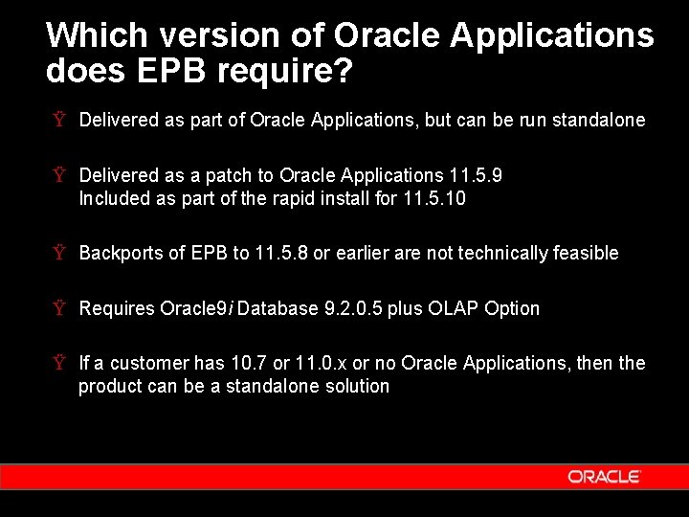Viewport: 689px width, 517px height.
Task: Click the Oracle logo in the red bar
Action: [x=603, y=476]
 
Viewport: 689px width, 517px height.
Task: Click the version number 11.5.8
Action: [x=281, y=253]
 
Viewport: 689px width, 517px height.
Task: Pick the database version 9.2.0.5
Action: [x=345, y=308]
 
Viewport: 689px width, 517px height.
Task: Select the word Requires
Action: [x=117, y=308]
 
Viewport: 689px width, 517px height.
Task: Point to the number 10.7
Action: [x=246, y=363]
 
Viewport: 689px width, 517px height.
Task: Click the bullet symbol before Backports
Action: [x=60, y=253]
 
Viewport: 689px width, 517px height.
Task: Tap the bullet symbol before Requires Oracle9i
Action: [x=60, y=308]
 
